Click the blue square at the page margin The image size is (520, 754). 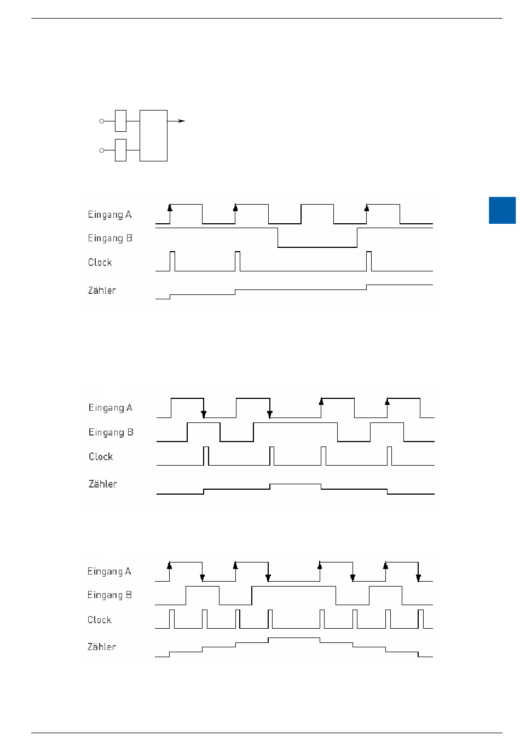pyautogui.click(x=502, y=210)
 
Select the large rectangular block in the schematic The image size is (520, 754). pyautogui.click(x=153, y=135)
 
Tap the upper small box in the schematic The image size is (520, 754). pyautogui.click(x=120, y=121)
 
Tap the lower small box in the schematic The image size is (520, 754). pyautogui.click(x=120, y=150)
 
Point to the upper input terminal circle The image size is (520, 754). pyautogui.click(x=102, y=121)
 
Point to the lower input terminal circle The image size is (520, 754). pyautogui.click(x=102, y=150)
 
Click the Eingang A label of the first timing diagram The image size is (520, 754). pyautogui.click(x=109, y=214)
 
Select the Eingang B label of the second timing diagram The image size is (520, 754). pyautogui.click(x=111, y=432)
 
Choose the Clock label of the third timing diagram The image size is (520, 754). pyautogui.click(x=99, y=620)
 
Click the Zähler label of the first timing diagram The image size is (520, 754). pyautogui.click(x=102, y=291)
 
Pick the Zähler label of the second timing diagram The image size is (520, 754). pyautogui.click(x=102, y=484)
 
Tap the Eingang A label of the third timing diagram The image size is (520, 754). pyautogui.click(x=109, y=571)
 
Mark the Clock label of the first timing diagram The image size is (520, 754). pyautogui.click(x=100, y=263)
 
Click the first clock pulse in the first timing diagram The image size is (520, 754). pyautogui.click(x=172, y=261)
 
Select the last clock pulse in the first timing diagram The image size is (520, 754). pyautogui.click(x=369, y=261)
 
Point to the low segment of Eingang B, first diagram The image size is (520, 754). pyautogui.click(x=317, y=247)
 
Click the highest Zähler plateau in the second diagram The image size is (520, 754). pyautogui.click(x=295, y=484)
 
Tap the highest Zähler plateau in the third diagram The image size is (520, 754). pyautogui.click(x=294, y=638)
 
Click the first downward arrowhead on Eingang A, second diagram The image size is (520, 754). pyautogui.click(x=204, y=414)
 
